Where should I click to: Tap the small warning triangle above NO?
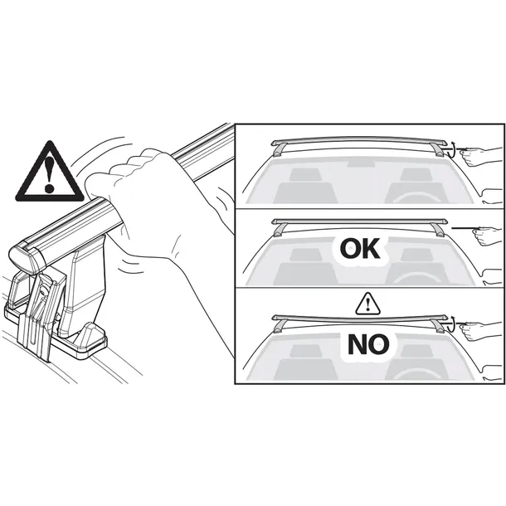367,304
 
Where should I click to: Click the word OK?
360,249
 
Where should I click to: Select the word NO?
368,344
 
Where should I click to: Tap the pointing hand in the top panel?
481,156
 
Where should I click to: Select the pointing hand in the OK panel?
488,236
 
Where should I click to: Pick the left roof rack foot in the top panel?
280,150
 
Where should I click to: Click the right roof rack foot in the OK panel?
439,230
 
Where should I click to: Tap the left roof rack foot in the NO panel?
280,326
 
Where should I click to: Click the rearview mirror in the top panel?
361,163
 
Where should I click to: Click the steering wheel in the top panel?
417,197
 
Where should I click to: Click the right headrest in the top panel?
416,174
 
